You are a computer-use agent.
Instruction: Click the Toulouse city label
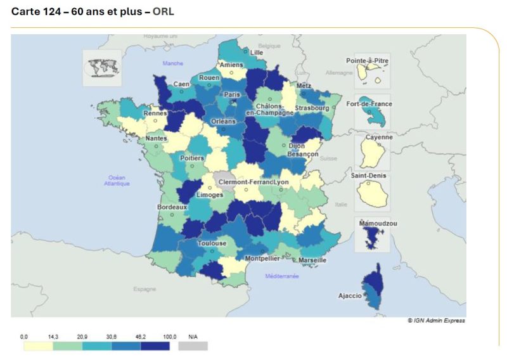point(212,243)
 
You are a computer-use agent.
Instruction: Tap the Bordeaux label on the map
point(172,207)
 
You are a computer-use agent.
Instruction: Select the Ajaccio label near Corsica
point(350,295)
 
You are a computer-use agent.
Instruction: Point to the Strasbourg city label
point(311,108)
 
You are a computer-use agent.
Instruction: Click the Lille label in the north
point(257,53)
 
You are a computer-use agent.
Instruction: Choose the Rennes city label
point(155,113)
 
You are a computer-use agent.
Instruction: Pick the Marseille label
point(311,260)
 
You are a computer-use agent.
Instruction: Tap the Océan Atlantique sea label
point(119,181)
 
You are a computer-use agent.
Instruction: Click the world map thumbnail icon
point(101,67)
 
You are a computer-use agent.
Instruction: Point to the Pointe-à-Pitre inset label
point(368,61)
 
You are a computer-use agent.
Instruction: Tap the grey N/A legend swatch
point(193,346)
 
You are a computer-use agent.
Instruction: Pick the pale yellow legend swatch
point(38,346)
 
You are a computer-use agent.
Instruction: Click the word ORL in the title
point(163,11)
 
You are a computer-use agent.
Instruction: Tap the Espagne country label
point(144,289)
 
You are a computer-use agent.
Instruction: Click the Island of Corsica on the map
point(373,285)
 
